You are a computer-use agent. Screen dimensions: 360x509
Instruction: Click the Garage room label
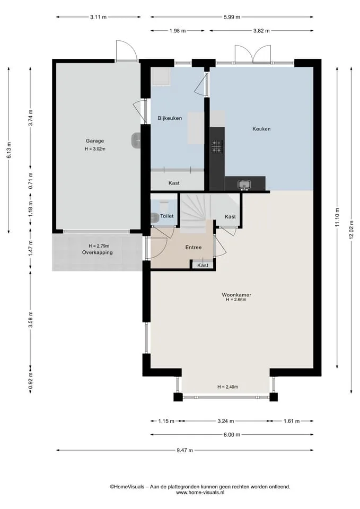(95, 141)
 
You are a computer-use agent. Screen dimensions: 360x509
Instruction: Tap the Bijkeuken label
(170, 118)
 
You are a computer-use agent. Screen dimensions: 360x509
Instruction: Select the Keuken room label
(261, 129)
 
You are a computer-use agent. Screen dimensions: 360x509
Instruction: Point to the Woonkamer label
(236, 295)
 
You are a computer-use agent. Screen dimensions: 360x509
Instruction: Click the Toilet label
(167, 216)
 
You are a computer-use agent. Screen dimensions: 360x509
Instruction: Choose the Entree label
(194, 248)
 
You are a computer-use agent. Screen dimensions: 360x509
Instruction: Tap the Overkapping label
(98, 252)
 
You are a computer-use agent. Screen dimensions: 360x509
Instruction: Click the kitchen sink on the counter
(244, 185)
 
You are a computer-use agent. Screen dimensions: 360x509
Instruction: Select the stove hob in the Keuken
(217, 146)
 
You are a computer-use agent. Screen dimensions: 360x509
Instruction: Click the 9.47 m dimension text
(185, 450)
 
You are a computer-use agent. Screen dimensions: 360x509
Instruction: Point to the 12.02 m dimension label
(351, 230)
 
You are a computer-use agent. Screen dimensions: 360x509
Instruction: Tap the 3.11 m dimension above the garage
(99, 17)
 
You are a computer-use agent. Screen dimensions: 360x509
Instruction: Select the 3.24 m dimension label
(226, 421)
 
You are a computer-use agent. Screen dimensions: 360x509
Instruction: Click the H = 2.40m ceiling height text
(227, 387)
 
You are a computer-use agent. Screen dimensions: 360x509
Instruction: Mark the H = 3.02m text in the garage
(95, 149)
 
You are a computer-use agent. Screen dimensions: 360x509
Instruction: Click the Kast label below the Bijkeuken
(174, 183)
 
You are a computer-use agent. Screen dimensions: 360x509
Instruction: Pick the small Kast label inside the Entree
(203, 265)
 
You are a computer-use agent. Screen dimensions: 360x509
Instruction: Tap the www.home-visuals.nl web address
(200, 493)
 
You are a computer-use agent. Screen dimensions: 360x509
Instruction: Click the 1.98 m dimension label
(177, 31)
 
